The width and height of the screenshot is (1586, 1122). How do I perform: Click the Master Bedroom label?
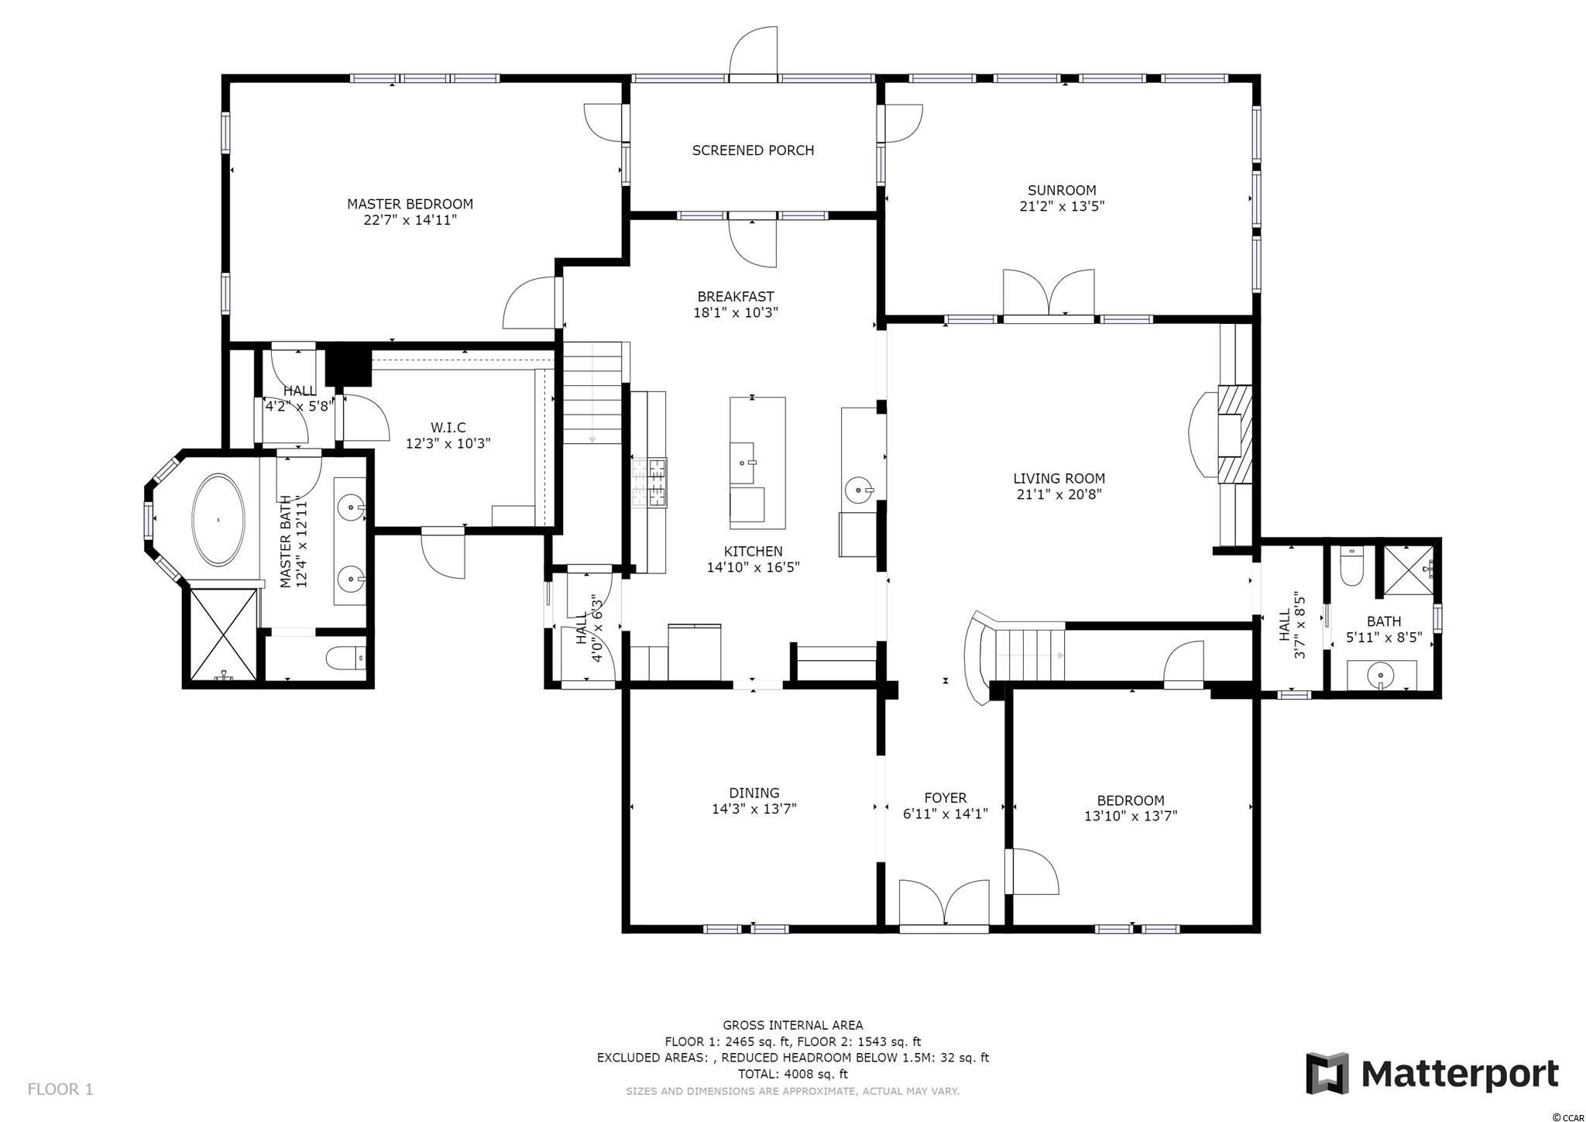pyautogui.click(x=410, y=204)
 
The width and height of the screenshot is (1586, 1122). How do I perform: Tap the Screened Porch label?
pyautogui.click(x=753, y=150)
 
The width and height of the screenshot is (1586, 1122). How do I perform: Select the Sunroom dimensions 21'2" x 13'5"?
pyautogui.click(x=1062, y=206)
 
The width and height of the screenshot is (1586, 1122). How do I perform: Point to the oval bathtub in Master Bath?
pyautogui.click(x=219, y=519)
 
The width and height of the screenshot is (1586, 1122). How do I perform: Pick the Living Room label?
pyautogui.click(x=1059, y=478)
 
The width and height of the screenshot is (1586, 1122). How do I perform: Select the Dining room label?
pyautogui.click(x=754, y=793)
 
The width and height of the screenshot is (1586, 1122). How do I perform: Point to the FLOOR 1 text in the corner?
pyautogui.click(x=60, y=1089)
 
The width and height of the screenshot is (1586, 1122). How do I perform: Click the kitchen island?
pyautogui.click(x=757, y=459)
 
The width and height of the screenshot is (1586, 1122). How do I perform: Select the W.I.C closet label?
pyautogui.click(x=448, y=428)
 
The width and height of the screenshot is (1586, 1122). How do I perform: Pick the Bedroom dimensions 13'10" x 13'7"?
pyautogui.click(x=1131, y=815)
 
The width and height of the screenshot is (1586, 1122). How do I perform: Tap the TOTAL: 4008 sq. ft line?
pyautogui.click(x=792, y=1074)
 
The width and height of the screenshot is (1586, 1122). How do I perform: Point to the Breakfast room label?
pyautogui.click(x=736, y=297)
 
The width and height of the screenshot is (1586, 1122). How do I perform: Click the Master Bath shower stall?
pyautogui.click(x=222, y=635)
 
